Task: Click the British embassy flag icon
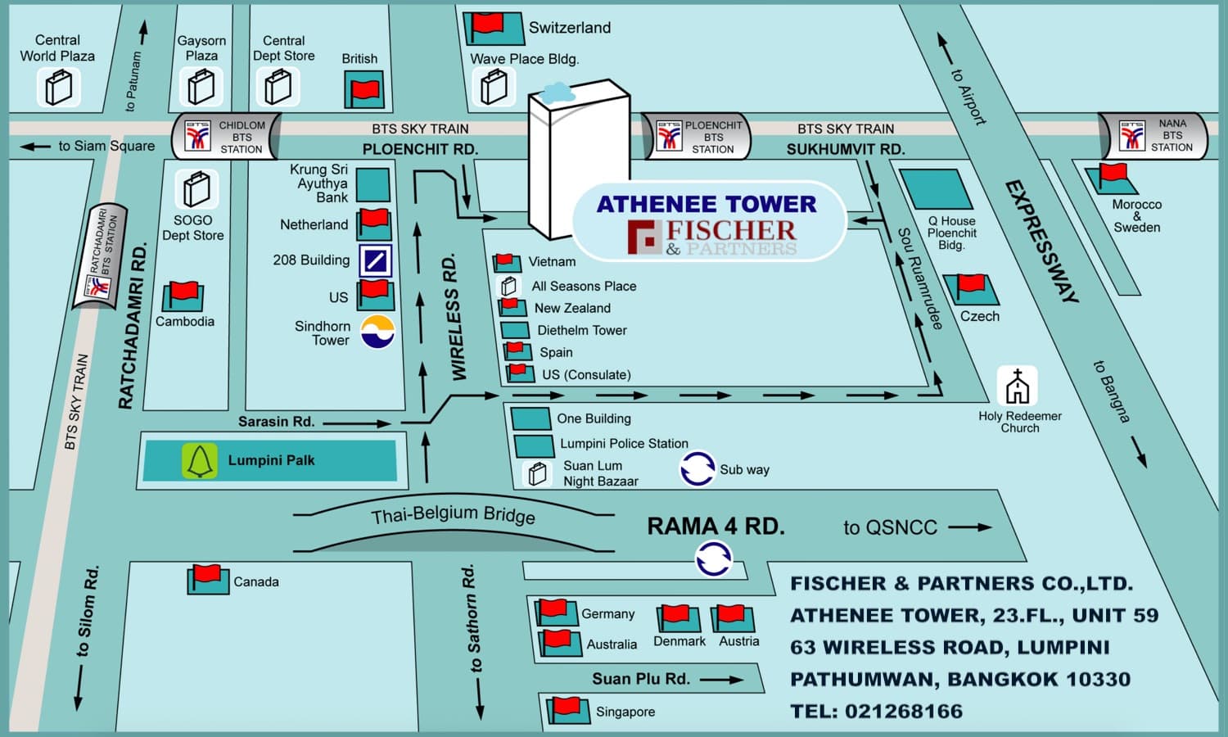point(363,89)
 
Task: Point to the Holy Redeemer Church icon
point(1018,386)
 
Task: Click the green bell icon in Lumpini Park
point(199,461)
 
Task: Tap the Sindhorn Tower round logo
point(377,332)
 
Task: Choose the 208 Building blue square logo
point(375,260)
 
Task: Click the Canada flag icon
point(208,579)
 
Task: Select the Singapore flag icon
point(568,709)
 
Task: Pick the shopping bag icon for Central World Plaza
point(58,87)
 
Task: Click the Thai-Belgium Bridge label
point(453,515)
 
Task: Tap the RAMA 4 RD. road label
point(716,527)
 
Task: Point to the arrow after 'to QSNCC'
point(970,527)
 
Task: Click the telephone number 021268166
point(903,711)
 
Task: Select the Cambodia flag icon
point(183,296)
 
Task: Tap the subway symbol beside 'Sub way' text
point(698,468)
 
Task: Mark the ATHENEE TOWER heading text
point(706,204)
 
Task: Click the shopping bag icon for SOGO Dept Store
point(196,189)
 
